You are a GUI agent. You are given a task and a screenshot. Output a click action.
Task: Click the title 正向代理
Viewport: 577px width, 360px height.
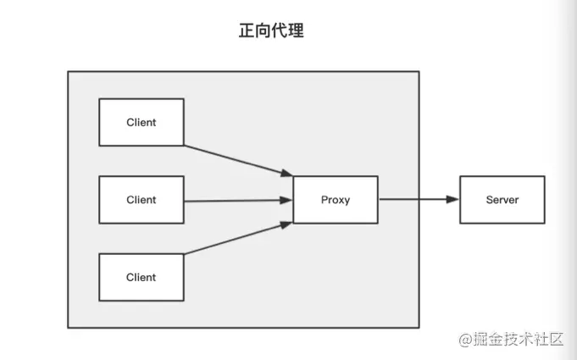(x=271, y=31)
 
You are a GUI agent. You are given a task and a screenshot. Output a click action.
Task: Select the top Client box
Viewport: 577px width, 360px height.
(x=141, y=122)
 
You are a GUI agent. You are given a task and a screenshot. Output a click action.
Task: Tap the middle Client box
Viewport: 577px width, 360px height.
(x=141, y=200)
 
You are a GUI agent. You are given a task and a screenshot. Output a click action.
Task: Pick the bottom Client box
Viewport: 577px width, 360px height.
(x=141, y=277)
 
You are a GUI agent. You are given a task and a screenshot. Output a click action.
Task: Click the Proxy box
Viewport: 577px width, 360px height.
(x=336, y=200)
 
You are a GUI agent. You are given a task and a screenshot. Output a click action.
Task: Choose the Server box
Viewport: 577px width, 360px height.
(x=502, y=200)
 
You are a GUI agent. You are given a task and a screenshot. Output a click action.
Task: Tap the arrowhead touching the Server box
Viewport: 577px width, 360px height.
(x=453, y=200)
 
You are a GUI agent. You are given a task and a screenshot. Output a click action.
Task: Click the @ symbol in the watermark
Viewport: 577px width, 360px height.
(x=465, y=340)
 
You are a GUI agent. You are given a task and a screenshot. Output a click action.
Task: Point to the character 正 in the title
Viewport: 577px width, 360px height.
(x=247, y=31)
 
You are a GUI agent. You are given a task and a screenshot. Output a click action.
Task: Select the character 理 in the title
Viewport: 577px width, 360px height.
(x=296, y=31)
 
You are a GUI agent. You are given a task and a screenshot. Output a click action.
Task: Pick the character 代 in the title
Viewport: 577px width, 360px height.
(x=280, y=31)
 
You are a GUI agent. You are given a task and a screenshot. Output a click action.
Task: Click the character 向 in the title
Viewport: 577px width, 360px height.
(x=263, y=31)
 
